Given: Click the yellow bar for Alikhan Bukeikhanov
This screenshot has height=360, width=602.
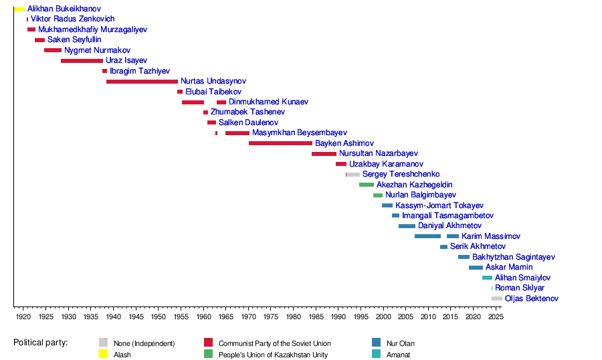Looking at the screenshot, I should coord(19,9).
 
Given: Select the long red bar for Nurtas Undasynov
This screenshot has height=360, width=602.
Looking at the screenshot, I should coord(142,82).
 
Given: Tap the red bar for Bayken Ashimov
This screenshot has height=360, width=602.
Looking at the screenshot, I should coord(280,143).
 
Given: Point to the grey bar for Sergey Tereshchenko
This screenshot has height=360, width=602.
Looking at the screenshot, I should coord(353,175).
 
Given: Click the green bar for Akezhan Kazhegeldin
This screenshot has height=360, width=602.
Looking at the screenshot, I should coord(367,185).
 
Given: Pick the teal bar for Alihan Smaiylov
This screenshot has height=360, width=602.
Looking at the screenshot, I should coord(487,278).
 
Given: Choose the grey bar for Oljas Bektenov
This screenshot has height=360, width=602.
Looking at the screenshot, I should coord(496,298).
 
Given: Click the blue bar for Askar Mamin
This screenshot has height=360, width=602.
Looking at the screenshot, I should coord(476,268).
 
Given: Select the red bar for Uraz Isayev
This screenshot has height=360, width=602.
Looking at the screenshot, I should coord(82,61).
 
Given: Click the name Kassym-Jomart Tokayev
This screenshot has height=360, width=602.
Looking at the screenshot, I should coord(439,205).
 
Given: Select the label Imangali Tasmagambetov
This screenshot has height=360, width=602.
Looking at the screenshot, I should coord(447,216).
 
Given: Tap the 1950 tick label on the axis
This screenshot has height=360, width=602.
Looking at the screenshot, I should coord(158,316).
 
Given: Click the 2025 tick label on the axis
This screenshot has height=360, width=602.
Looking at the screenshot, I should coord(495,316).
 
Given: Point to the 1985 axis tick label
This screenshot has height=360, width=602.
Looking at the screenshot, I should coord(316,316).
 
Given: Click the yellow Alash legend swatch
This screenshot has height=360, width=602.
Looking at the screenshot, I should coord(103,355).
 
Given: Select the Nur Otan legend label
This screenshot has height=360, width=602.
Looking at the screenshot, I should coord(401,344).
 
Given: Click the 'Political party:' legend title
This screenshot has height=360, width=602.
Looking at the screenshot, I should coord(41,343).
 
